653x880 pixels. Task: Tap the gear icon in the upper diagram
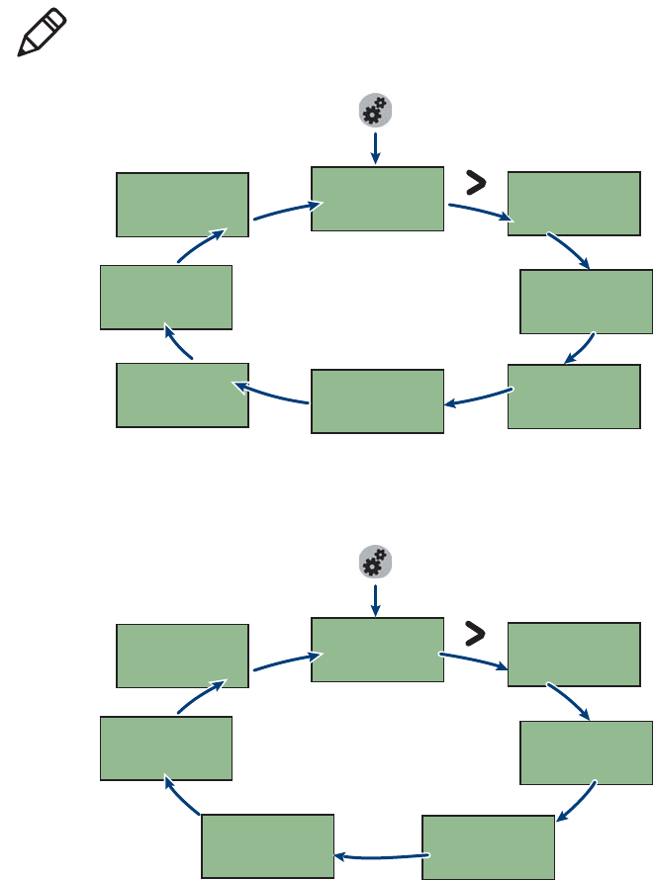(x=375, y=112)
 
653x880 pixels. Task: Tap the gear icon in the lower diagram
(x=375, y=563)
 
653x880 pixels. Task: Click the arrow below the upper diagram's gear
(x=375, y=147)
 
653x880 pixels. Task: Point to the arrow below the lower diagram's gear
(x=375, y=598)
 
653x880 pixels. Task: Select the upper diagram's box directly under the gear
(x=377, y=199)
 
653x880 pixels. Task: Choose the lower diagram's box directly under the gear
(x=377, y=650)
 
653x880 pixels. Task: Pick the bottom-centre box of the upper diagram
(x=377, y=401)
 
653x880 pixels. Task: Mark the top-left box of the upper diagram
(x=182, y=205)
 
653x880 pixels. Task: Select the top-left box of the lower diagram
(x=182, y=656)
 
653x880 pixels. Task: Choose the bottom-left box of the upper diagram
(x=182, y=395)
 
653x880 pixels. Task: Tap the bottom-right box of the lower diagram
(x=488, y=847)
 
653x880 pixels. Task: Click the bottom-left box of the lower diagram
(x=267, y=846)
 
